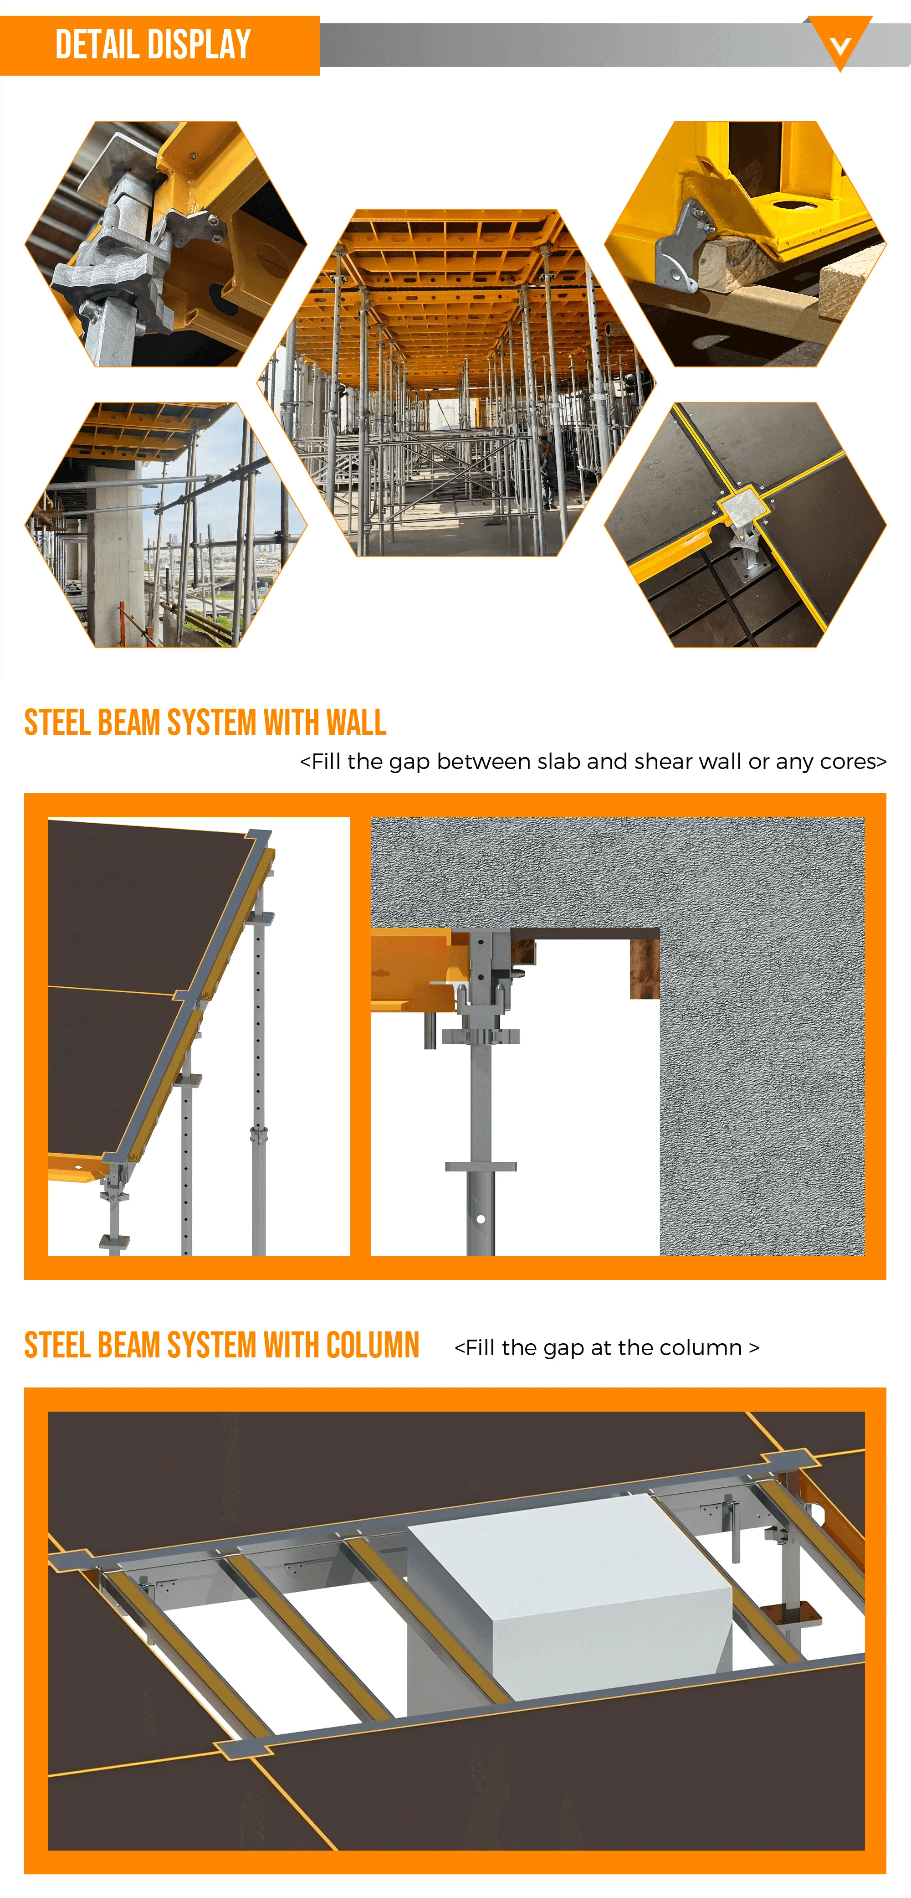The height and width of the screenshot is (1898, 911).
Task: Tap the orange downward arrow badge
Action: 839,44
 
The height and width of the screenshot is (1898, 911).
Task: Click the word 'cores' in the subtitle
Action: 849,761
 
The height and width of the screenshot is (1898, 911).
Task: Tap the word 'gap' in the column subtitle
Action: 563,1348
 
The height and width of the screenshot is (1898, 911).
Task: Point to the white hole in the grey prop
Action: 481,1219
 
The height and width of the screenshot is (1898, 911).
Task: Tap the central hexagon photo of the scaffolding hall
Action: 456,383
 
